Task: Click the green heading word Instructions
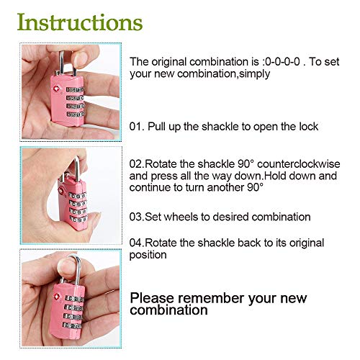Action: [80, 22]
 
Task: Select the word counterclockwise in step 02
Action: [299, 164]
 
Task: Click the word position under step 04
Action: [148, 256]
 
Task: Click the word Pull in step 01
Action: [156, 127]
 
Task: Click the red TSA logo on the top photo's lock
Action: [56, 89]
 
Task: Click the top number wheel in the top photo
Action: [75, 90]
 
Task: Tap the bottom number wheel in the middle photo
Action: [78, 220]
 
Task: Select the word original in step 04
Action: [307, 243]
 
